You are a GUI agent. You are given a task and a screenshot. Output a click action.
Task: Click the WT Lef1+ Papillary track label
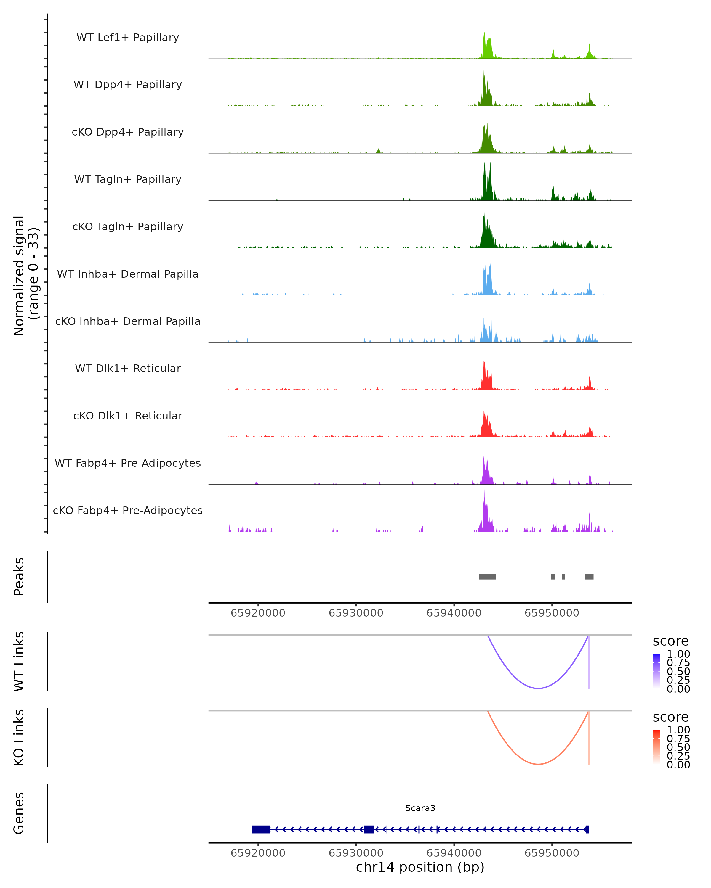pyautogui.click(x=128, y=38)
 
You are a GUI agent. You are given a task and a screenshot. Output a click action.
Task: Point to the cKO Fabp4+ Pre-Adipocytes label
pyautogui.click(x=128, y=510)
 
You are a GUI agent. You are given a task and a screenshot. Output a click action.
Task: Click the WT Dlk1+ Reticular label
pyautogui.click(x=128, y=368)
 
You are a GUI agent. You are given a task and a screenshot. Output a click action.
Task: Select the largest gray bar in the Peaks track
pyautogui.click(x=487, y=577)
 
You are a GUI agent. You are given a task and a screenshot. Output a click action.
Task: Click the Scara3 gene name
pyautogui.click(x=420, y=808)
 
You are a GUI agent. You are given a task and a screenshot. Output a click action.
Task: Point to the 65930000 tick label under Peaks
pyautogui.click(x=356, y=613)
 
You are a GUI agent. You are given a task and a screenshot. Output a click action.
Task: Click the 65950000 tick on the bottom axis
pyautogui.click(x=552, y=853)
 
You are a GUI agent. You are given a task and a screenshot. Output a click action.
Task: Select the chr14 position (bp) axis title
pyautogui.click(x=420, y=867)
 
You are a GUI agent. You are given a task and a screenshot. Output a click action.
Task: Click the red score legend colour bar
pyautogui.click(x=656, y=747)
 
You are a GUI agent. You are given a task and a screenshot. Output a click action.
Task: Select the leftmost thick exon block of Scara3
pyautogui.click(x=261, y=829)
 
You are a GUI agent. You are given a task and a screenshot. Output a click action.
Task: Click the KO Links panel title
pyautogui.click(x=19, y=737)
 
